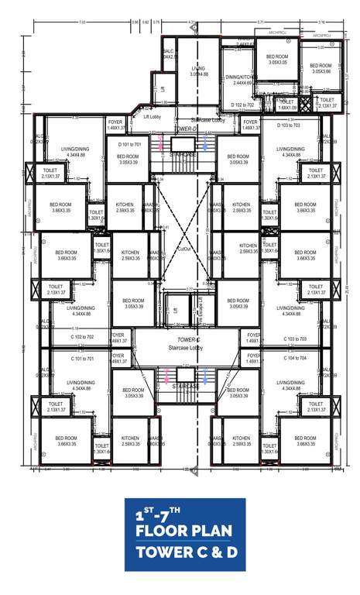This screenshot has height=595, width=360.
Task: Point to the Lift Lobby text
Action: coord(152,116)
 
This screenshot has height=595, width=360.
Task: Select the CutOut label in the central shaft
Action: coord(183,249)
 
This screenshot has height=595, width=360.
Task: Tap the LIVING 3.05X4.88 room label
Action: coord(199,71)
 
